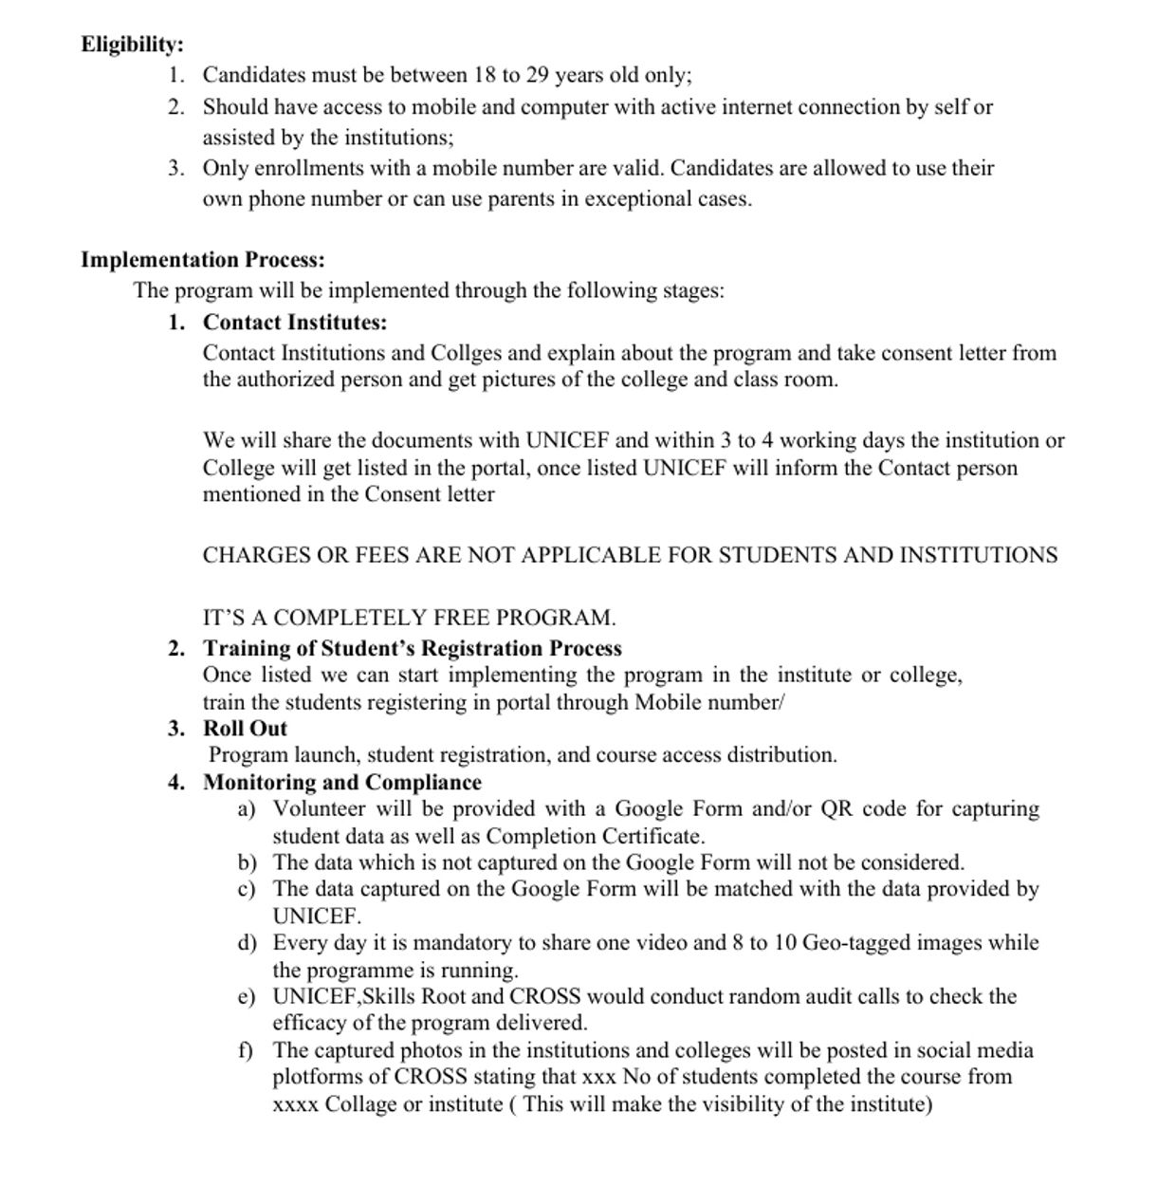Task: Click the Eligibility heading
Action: coord(132,45)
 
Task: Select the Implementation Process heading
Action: coord(202,260)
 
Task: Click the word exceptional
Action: coord(636,199)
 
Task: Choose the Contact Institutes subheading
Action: coord(295,323)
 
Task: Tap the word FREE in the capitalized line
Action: coord(462,618)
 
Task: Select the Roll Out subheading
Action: coord(245,729)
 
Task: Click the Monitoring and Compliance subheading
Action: coord(342,783)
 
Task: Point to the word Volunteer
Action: coord(319,809)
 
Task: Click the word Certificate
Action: coord(657,837)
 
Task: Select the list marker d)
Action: coord(248,943)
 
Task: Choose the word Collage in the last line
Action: coord(360,1105)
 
